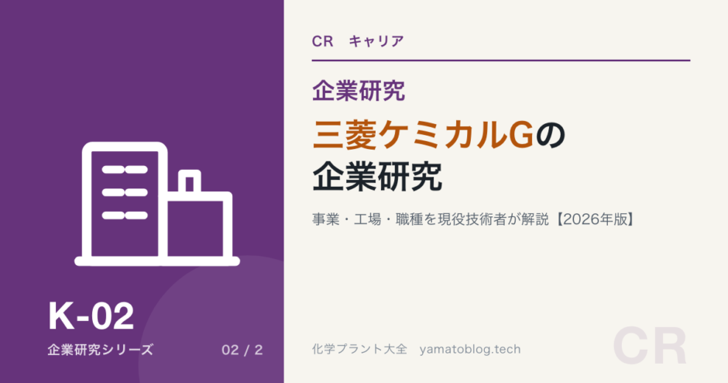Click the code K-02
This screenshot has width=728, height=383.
click(x=91, y=316)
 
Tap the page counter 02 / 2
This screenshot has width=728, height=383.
click(x=242, y=350)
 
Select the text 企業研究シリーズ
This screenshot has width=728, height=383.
click(x=100, y=350)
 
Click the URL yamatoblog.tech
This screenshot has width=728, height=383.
click(x=470, y=350)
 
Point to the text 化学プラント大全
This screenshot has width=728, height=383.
click(x=360, y=349)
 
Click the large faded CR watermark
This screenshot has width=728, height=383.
click(x=650, y=347)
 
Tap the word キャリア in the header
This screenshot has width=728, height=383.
click(x=376, y=41)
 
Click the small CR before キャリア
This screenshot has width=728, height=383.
click(x=323, y=41)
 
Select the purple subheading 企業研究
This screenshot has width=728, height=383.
click(x=359, y=91)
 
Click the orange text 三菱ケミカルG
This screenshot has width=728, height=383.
click(x=423, y=135)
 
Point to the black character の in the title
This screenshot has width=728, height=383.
click(x=551, y=135)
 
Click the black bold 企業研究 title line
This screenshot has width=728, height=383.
click(x=377, y=177)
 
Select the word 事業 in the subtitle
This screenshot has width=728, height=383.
click(x=326, y=219)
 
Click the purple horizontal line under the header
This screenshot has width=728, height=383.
click(x=501, y=60)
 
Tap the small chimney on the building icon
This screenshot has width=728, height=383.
click(x=190, y=181)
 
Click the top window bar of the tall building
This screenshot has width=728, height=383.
click(x=125, y=170)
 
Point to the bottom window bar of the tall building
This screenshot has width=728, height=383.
click(x=125, y=216)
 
